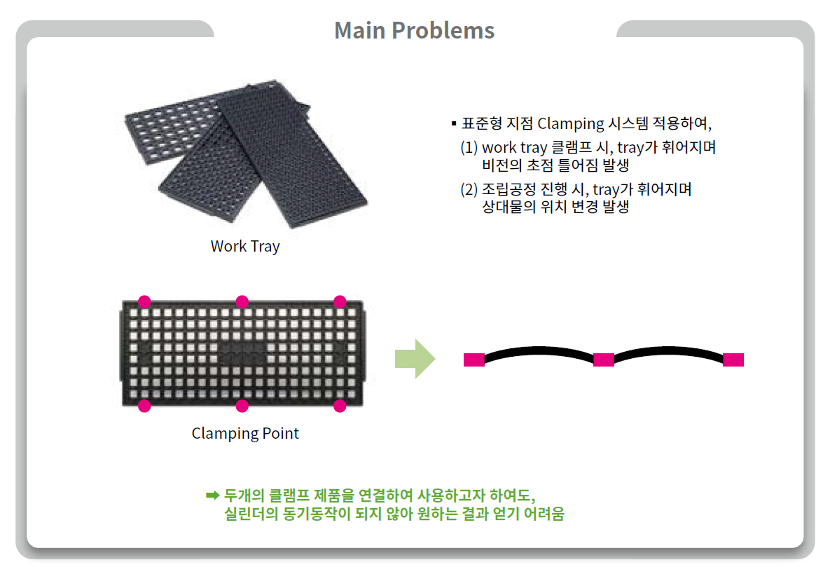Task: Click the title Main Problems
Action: [415, 30]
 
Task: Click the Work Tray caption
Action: [245, 247]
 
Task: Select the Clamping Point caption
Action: [245, 433]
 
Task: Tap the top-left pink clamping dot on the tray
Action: [144, 301]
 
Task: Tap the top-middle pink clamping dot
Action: [242, 301]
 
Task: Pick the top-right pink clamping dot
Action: [340, 301]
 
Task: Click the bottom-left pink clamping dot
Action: [144, 406]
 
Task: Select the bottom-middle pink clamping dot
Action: [242, 406]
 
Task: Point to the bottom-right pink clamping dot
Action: [340, 406]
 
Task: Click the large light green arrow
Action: [415, 359]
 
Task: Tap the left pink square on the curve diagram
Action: [473, 360]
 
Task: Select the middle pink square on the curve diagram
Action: [604, 360]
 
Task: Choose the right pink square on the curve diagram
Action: [733, 360]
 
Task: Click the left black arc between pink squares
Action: [539, 349]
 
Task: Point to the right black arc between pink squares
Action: [668, 349]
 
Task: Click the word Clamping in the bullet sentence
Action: [570, 124]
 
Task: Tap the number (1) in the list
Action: [469, 147]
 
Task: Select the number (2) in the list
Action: [469, 189]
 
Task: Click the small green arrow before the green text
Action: [212, 496]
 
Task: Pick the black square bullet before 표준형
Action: [454, 123]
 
